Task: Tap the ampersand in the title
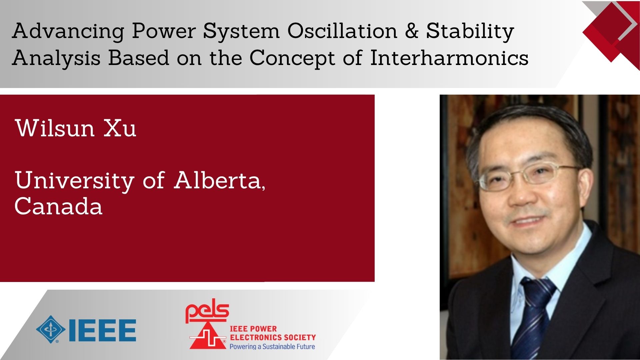click(412, 31)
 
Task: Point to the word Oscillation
click(343, 31)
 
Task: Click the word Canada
click(58, 206)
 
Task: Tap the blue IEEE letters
click(102, 330)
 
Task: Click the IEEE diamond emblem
click(51, 329)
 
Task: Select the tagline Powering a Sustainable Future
click(272, 347)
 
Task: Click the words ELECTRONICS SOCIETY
click(273, 337)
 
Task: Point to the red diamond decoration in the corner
click(611, 35)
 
